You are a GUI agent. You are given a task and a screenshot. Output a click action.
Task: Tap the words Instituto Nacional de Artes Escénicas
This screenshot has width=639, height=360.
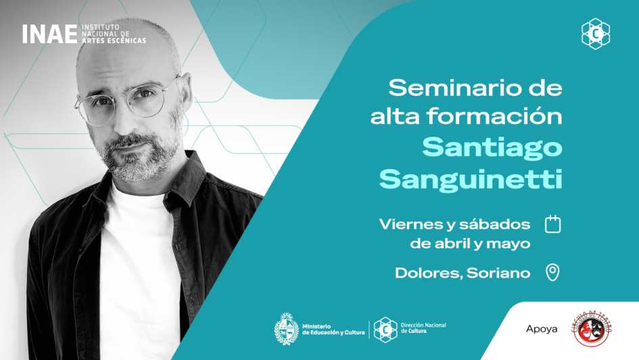point(113,35)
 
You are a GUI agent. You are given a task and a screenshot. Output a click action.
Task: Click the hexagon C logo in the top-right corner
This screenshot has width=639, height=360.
point(596,34)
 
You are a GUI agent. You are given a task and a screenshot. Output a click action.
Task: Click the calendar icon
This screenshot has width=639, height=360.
point(553,224)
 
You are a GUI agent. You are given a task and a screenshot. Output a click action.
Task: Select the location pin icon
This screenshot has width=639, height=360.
point(553,273)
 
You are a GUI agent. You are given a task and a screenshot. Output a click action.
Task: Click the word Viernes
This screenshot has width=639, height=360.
point(404,223)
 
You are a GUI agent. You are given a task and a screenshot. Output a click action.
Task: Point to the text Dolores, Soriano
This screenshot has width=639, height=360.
point(463,273)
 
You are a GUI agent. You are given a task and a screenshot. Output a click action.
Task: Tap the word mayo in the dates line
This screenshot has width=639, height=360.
point(511,244)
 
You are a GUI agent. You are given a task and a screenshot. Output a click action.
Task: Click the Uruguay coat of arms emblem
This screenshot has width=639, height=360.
point(286,330)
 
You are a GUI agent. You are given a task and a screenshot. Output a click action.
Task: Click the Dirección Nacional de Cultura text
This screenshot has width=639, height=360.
point(423,328)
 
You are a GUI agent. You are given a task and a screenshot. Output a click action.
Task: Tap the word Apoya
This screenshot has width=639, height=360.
point(542,329)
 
